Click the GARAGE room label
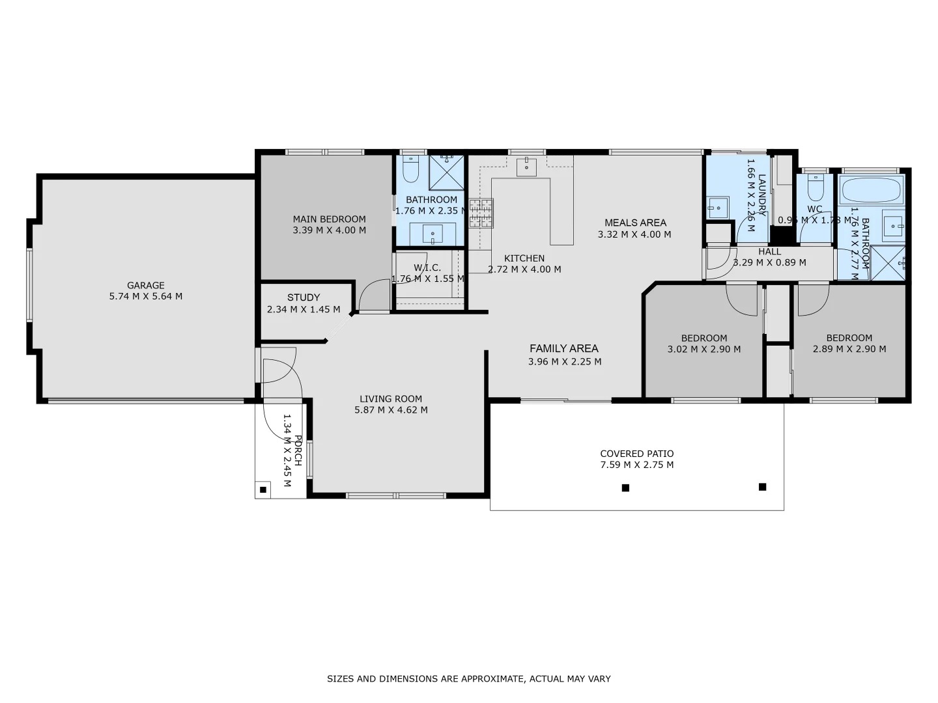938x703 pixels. coord(145,285)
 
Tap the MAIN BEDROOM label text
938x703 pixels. coord(329,219)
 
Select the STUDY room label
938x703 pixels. coord(304,297)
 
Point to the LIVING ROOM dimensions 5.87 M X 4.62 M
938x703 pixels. coord(391,410)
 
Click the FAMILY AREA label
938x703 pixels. coord(563,348)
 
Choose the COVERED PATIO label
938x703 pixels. coord(636,454)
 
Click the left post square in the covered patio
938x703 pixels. coord(625,488)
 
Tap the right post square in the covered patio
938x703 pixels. coord(762,487)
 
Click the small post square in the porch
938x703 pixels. coord(263,489)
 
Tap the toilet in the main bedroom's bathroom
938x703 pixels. coord(410,171)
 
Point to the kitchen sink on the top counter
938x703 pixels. coord(526,167)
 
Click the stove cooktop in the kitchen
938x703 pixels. coord(481,214)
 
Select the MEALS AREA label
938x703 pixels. coord(635,223)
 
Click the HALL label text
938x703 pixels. coord(769,252)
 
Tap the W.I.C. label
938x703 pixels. coord(427,268)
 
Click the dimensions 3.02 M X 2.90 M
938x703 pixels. coord(703,349)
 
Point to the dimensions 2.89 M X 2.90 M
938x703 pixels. coord(849,349)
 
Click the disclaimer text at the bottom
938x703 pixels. coord(468,679)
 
